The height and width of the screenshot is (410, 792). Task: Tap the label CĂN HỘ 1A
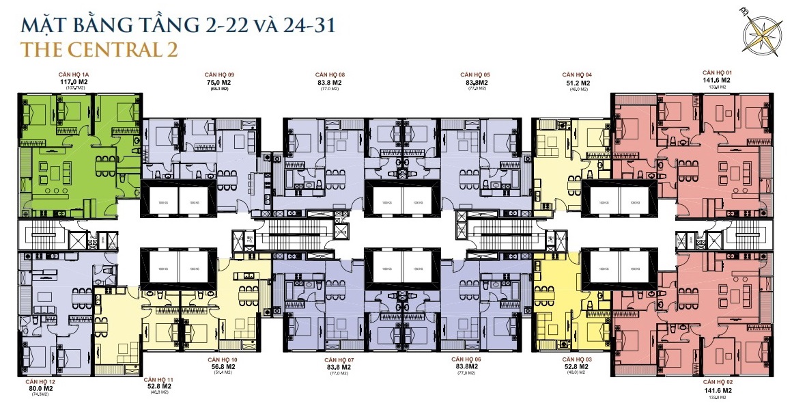click(76, 73)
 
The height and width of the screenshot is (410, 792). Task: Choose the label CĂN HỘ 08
click(330, 74)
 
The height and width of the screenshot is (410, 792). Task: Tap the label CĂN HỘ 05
click(476, 74)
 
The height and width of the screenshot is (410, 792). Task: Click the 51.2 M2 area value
click(576, 82)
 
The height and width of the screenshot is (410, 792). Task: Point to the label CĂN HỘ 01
click(717, 72)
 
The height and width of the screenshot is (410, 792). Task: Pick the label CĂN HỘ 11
click(158, 378)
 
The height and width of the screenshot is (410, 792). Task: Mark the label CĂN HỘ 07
click(339, 359)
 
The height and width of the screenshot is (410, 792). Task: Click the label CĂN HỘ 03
click(577, 359)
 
